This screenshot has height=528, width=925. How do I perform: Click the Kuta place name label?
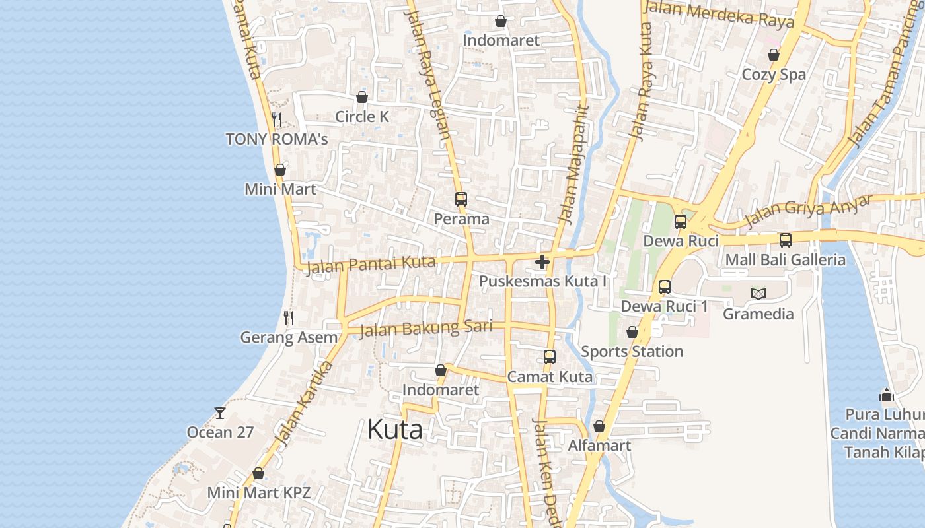tap(394, 430)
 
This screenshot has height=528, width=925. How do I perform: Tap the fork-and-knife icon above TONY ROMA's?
tap(277, 119)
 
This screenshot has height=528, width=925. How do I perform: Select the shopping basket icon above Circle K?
tap(361, 98)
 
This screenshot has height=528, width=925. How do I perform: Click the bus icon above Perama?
tap(461, 199)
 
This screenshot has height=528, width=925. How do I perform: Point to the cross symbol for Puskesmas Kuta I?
tap(542, 262)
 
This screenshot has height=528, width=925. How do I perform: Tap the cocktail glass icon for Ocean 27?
tap(220, 413)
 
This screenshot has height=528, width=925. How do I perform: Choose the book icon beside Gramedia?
tap(758, 294)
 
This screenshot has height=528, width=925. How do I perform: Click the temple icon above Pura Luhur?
tap(887, 395)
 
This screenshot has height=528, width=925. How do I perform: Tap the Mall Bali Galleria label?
tap(785, 260)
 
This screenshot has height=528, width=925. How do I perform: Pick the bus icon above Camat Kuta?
tap(549, 357)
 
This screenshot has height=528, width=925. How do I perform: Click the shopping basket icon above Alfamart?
tap(599, 427)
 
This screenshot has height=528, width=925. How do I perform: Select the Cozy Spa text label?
tap(774, 75)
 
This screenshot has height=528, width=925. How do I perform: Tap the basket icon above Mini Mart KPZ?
tap(258, 474)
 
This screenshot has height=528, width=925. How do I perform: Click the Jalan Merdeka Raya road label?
tap(718, 15)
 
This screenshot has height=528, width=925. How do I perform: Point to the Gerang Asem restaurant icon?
tap(289, 318)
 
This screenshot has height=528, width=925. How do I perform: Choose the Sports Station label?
tap(632, 352)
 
